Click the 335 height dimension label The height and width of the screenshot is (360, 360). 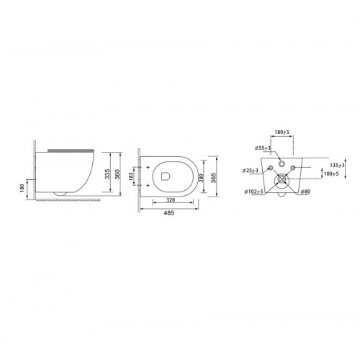click(x=107, y=174)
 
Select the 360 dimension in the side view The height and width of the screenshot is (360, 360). click(x=117, y=174)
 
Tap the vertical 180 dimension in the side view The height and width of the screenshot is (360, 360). click(x=22, y=188)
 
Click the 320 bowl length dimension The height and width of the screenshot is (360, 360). click(x=171, y=199)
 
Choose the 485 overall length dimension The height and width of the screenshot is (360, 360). click(x=170, y=213)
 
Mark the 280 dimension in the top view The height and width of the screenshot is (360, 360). click(x=201, y=178)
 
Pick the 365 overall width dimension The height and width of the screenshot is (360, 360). click(x=213, y=178)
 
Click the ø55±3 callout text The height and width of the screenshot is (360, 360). click(x=263, y=148)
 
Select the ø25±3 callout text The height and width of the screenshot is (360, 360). click(x=251, y=171)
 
